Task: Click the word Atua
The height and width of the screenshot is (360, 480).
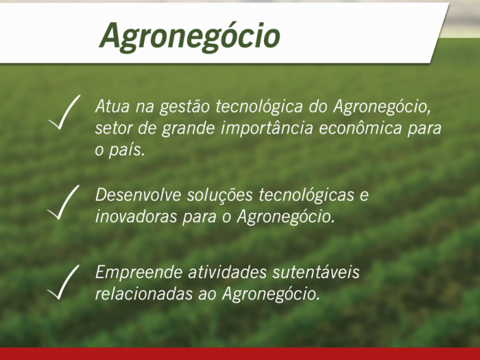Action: pos(112,106)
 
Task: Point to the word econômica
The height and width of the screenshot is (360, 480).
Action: pos(360,128)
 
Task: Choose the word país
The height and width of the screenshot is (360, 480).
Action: pos(127,151)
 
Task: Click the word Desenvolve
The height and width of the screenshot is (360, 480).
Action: pos(138,194)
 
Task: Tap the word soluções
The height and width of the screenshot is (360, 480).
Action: pos(220,196)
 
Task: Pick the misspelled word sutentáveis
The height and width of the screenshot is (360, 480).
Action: pos(316,272)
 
